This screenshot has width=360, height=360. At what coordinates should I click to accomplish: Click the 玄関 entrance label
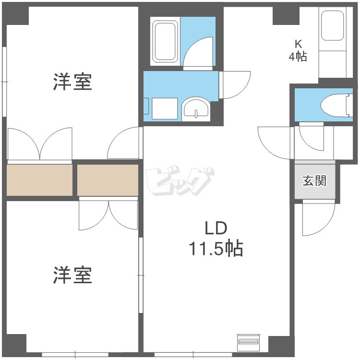[314, 181]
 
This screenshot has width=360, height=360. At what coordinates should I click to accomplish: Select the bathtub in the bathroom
[165, 41]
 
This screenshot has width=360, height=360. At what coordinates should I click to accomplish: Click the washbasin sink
[196, 108]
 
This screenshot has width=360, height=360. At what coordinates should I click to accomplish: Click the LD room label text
[216, 227]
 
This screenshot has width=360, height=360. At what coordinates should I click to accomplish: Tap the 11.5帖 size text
[216, 249]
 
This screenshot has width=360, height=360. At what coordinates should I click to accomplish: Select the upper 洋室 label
[72, 82]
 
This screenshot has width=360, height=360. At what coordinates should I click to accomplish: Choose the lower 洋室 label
[72, 275]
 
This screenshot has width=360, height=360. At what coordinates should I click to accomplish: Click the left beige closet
[39, 180]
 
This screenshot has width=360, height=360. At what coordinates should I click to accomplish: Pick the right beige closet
[108, 180]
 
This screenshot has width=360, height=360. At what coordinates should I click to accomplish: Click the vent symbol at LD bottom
[248, 342]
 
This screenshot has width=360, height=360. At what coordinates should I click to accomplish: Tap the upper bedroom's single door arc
[124, 144]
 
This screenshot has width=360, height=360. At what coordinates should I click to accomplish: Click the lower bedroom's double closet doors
[108, 214]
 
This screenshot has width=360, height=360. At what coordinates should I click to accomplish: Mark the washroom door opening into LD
[235, 84]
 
